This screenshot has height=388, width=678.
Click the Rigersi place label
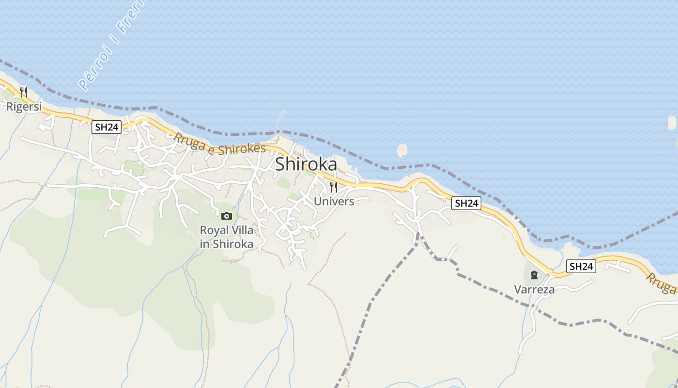click(24, 107)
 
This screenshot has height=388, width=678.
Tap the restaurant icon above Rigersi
click(23, 92)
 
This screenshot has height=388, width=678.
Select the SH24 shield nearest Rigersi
click(107, 127)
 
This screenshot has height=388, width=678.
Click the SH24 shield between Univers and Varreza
click(466, 203)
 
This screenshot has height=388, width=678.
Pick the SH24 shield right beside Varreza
click(581, 266)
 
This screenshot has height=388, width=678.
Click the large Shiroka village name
click(306, 164)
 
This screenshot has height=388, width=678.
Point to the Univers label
click(334, 201)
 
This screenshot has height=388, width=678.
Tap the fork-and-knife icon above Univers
click(333, 187)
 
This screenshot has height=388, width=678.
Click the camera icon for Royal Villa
click(226, 216)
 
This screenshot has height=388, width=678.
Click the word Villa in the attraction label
click(242, 230)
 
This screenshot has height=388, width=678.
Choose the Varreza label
click(534, 290)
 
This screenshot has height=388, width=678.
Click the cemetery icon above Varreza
click(534, 275)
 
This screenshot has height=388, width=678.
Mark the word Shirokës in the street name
click(242, 149)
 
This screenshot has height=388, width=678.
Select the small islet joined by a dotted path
click(402, 150)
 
